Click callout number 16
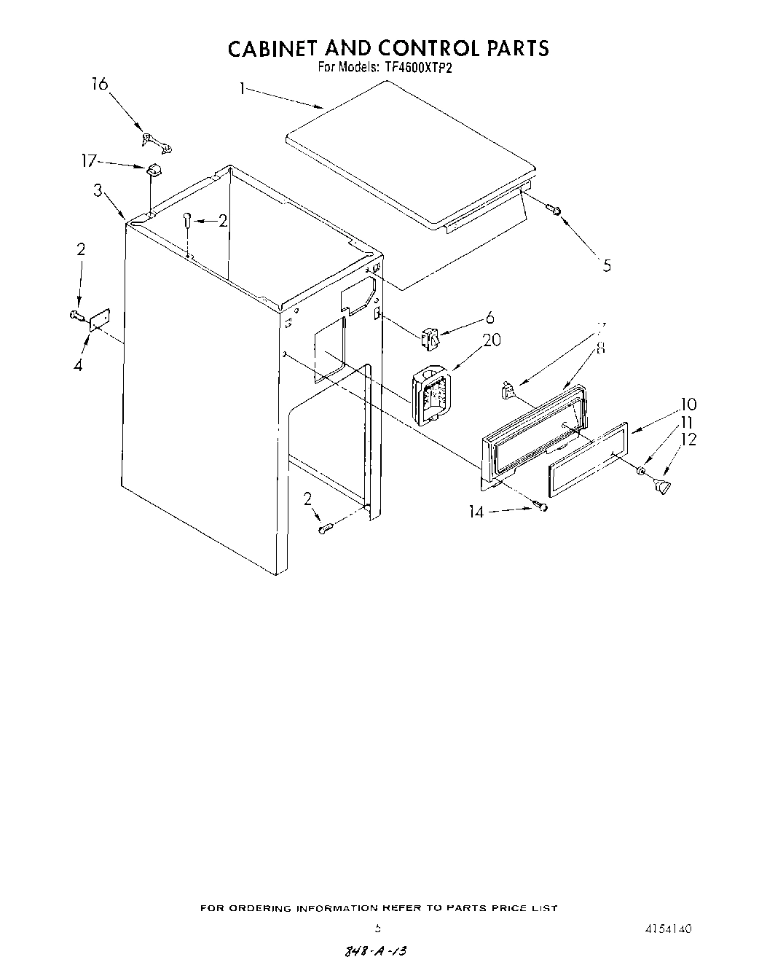pyautogui.click(x=99, y=85)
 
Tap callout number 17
pyautogui.click(x=89, y=160)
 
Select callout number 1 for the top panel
pyautogui.click(x=241, y=89)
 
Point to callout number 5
pyautogui.click(x=607, y=265)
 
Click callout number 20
pyautogui.click(x=492, y=340)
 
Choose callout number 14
pyautogui.click(x=476, y=512)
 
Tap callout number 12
pyautogui.click(x=688, y=439)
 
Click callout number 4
pyautogui.click(x=78, y=365)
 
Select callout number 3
pyautogui.click(x=98, y=191)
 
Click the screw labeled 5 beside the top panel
pyautogui.click(x=555, y=211)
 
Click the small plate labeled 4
pyautogui.click(x=98, y=319)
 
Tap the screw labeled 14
pyautogui.click(x=540, y=506)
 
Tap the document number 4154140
pyautogui.click(x=667, y=929)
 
